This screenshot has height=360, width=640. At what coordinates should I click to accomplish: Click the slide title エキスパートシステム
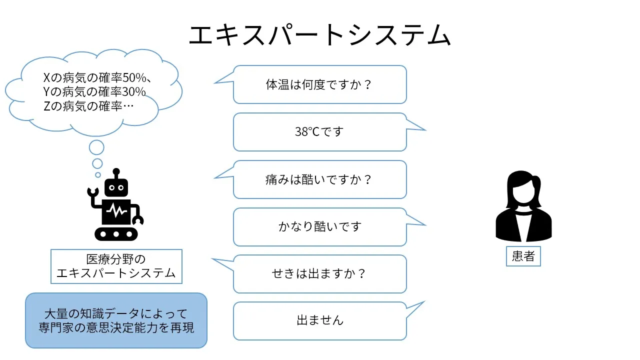tap(320, 35)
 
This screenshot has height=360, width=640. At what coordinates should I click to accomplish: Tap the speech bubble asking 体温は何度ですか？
tap(319, 84)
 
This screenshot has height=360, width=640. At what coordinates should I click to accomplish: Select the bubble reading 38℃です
tap(319, 132)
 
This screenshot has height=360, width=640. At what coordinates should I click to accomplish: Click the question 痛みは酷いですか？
tap(319, 179)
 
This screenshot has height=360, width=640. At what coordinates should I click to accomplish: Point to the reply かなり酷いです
tap(319, 226)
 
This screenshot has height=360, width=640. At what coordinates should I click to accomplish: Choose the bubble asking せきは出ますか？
tap(319, 274)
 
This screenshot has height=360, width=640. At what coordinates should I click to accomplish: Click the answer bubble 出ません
tap(319, 320)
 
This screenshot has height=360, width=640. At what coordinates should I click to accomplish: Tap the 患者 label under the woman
tap(523, 256)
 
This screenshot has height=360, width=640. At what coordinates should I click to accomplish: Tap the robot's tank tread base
tap(116, 233)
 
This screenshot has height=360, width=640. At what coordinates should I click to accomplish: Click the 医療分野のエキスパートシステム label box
tap(116, 266)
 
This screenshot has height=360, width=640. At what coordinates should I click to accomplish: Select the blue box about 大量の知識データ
tap(116, 320)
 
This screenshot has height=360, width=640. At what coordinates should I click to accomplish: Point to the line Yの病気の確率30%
tap(94, 92)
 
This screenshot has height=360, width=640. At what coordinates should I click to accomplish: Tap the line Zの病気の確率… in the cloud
tap(89, 106)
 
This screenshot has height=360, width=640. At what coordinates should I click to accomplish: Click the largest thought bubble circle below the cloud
tap(96, 147)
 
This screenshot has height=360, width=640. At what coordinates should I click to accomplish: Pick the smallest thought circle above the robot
tap(98, 175)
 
